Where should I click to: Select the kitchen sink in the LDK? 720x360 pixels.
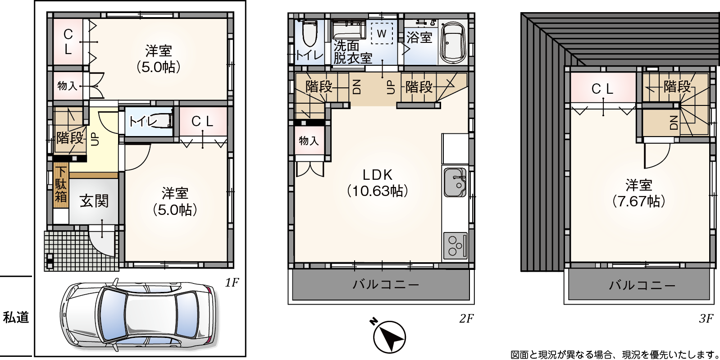pyautogui.click(x=455, y=182)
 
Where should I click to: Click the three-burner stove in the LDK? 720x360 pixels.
pyautogui.click(x=455, y=246)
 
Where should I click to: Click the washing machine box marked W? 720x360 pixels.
pyautogui.click(x=382, y=33)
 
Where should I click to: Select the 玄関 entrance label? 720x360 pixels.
pyautogui.click(x=94, y=201)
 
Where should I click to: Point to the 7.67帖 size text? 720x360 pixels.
pyautogui.click(x=638, y=201)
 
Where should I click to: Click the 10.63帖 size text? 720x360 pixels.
pyautogui.click(x=378, y=191)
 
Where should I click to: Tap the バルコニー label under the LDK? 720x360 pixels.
pyautogui.click(x=386, y=285)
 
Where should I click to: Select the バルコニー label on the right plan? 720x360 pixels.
pyautogui.click(x=642, y=286)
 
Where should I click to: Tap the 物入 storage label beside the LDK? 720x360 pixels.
pyautogui.click(x=309, y=141)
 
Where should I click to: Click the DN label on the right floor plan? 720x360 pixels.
pyautogui.click(x=674, y=122)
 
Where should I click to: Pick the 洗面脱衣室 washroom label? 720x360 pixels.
pyautogui.click(x=352, y=52)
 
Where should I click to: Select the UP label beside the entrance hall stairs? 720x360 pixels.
pyautogui.click(x=96, y=139)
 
